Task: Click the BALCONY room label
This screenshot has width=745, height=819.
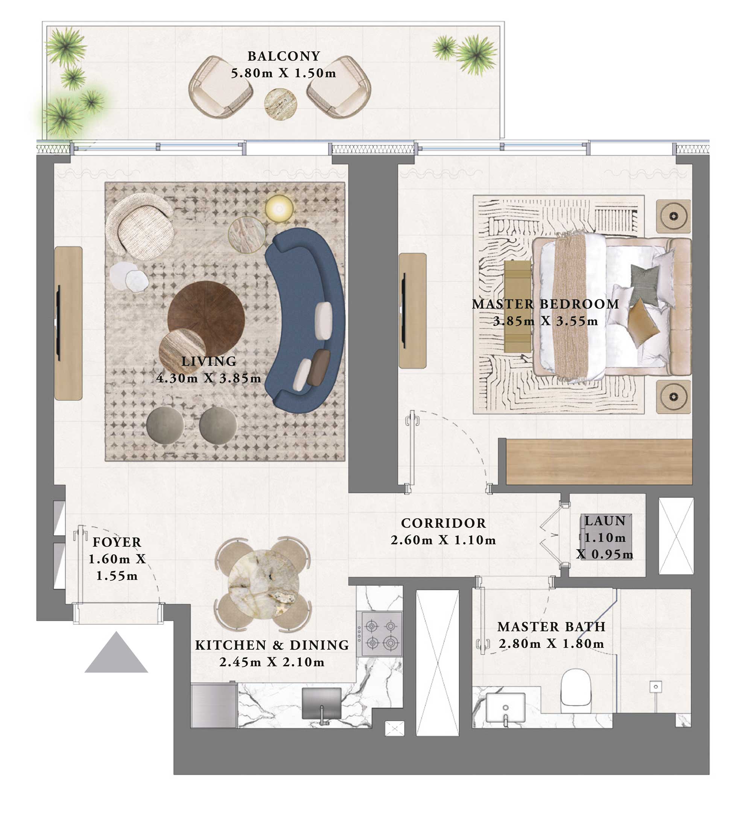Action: (x=284, y=56)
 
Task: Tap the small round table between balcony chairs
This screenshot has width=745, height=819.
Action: (x=280, y=105)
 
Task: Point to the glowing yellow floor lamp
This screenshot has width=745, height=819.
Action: (x=279, y=209)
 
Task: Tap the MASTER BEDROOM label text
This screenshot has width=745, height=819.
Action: (x=545, y=304)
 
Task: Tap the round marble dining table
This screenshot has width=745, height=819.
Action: (x=263, y=584)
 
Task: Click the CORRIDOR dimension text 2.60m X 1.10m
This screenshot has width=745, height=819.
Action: (x=443, y=540)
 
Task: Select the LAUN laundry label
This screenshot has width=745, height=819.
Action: (x=605, y=521)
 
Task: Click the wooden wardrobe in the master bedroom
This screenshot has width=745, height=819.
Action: (x=599, y=462)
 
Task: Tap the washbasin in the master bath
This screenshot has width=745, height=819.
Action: (x=505, y=707)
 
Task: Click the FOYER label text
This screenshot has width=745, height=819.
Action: (x=117, y=542)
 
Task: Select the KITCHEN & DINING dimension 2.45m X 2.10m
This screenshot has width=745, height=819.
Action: (x=272, y=662)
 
